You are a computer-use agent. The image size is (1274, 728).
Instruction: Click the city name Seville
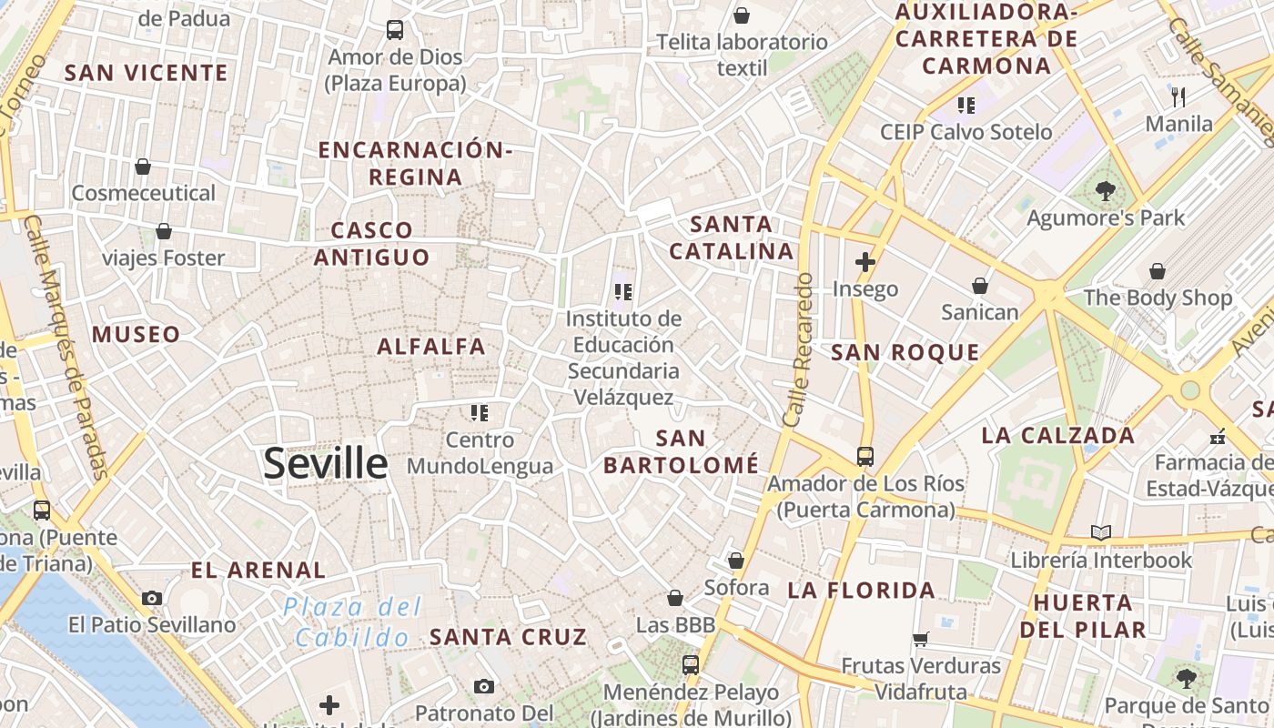tap(326, 464)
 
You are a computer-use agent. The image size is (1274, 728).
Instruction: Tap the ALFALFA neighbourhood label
tap(431, 347)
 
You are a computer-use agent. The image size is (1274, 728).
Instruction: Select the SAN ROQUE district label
tap(905, 353)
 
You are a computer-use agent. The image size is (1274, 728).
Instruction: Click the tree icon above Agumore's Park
tap(1106, 191)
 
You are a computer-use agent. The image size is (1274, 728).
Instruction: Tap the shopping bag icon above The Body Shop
tap(1158, 271)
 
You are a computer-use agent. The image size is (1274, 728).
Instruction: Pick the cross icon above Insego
tap(864, 263)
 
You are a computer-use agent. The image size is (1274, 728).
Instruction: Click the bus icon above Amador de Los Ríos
tap(864, 456)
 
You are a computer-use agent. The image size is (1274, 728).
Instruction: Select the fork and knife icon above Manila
tap(1178, 96)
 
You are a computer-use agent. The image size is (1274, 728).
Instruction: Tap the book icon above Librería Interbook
tap(1101, 532)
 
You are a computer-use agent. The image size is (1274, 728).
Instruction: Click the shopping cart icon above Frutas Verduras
tap(920, 639)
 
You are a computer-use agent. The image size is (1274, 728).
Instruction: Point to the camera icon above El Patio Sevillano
tap(152, 598)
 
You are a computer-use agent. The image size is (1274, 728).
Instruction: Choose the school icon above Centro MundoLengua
tap(480, 413)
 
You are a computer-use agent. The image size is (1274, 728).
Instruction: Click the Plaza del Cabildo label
tap(352, 622)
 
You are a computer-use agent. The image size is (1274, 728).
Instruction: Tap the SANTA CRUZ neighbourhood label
tap(508, 637)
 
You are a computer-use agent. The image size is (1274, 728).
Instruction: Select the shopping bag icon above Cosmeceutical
tap(143, 167)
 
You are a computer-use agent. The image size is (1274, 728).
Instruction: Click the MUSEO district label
tap(136, 334)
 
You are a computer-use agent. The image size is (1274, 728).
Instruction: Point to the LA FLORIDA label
tap(861, 591)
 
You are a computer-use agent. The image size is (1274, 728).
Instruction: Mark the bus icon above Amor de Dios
tap(395, 30)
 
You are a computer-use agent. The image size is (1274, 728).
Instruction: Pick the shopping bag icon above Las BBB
tap(675, 598)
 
